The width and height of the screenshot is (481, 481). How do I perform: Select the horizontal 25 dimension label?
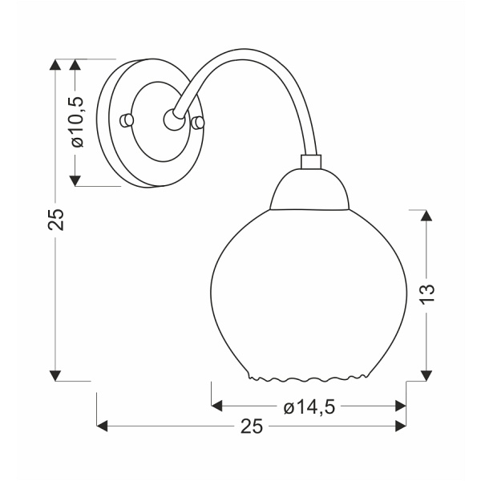point(252,426)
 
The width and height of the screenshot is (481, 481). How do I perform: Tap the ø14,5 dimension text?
point(309,407)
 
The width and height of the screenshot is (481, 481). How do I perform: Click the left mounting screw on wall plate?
point(124,119)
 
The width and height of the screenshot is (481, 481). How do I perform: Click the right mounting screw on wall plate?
point(198,122)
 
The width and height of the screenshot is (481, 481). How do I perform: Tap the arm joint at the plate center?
point(172,119)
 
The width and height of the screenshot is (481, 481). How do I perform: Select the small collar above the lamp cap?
point(310,161)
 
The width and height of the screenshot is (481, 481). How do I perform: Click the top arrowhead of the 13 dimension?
point(426,216)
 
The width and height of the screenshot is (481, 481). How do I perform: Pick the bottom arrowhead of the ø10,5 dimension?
point(76,180)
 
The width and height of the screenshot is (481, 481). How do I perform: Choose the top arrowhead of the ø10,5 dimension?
point(76,65)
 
